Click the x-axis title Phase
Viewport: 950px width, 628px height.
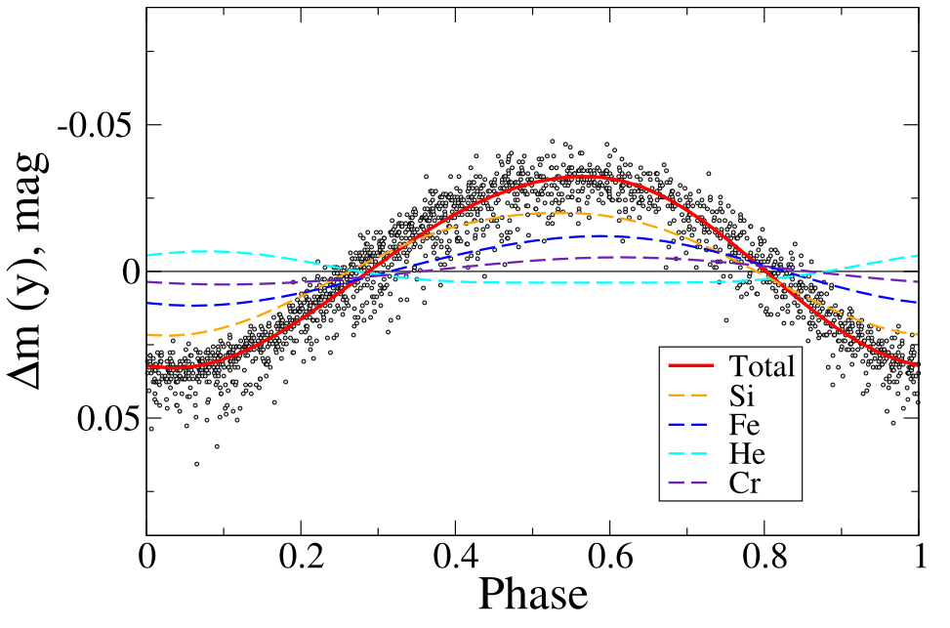[531, 593]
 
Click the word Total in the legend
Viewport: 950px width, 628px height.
[763, 366]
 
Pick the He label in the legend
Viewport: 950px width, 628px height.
[746, 454]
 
